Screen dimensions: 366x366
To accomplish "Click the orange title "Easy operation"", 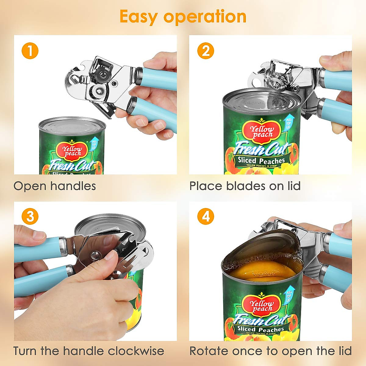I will coord(183,16).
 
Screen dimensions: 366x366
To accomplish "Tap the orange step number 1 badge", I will coord(30,51).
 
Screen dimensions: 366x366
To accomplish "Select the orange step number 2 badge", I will coord(206,51).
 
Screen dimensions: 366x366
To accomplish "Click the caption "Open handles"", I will coord(55,186).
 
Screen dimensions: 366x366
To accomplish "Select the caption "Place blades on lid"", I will coord(245,186).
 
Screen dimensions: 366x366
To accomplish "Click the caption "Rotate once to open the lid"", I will coord(270,351).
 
